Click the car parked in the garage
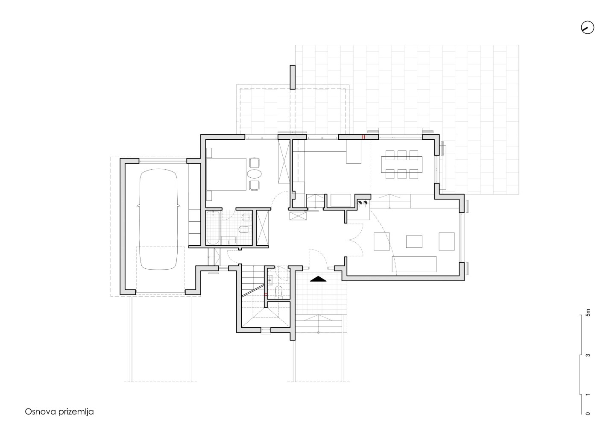[158, 219]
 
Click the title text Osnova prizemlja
[59, 411]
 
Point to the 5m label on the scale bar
[588, 312]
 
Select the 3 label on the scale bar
[588, 355]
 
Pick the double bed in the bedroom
[226, 174]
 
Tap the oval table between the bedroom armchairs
[254, 174]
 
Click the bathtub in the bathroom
[213, 228]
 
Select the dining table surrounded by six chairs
[401, 164]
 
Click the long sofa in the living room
[414, 264]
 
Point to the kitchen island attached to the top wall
[353, 152]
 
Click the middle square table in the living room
[414, 241]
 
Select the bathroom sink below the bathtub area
[229, 240]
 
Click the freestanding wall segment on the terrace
[293, 77]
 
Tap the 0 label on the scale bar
[588, 421]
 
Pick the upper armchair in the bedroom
[255, 162]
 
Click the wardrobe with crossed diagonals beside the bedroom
[284, 162]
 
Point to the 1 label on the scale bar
[588, 395]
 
